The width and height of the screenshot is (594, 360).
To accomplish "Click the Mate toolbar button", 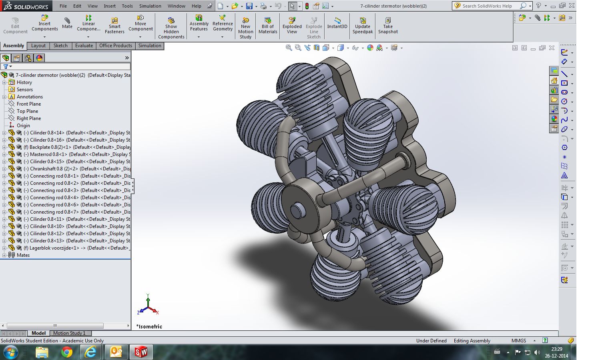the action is (67, 23).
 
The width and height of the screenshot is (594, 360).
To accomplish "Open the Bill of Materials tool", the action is (268, 26).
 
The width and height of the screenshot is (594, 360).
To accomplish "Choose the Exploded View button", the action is (292, 26).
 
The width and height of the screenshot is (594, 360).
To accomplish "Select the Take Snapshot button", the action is (388, 26).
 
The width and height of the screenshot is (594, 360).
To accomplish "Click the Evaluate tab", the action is (84, 46).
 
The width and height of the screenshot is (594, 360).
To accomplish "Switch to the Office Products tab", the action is (115, 46).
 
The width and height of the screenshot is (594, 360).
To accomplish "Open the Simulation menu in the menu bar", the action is (150, 6).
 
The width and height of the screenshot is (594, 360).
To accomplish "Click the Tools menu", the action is (127, 6).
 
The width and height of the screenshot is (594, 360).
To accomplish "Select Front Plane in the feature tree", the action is (29, 104).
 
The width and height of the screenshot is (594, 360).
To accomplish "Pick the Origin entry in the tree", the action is (23, 125).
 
